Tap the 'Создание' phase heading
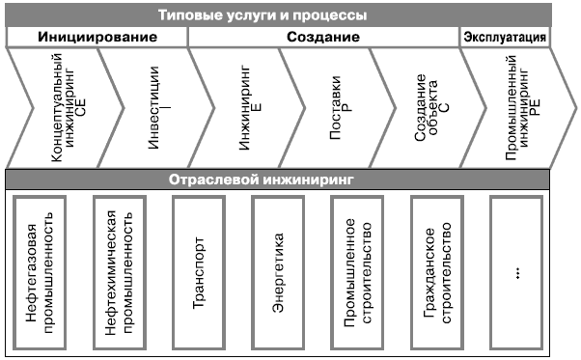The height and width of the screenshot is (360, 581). coord(323,38)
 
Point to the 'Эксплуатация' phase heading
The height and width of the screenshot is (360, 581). coord(505,38)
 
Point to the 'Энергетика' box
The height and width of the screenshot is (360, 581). coord(281,272)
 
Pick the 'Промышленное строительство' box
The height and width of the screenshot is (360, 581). coord(360,272)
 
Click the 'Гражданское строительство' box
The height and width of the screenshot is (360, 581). coord(439,272)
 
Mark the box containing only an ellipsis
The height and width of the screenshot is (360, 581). coord(518,272)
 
